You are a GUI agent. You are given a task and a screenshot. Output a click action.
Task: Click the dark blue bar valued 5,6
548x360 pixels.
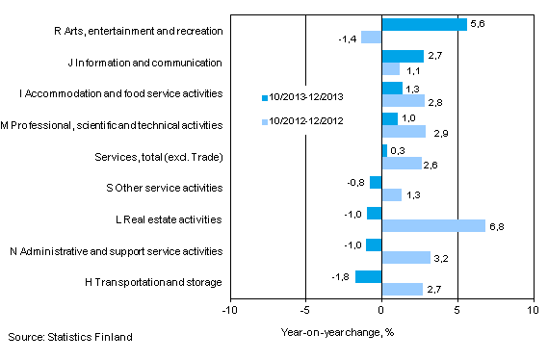pos(424,24)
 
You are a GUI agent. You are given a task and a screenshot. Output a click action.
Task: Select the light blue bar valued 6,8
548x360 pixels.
pos(433,225)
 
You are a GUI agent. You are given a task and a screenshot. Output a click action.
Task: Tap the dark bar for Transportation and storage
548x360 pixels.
pos(368,276)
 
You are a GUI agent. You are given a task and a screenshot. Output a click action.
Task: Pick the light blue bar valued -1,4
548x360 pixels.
pos(371,37)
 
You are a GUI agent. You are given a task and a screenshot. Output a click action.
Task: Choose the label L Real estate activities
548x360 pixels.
pos(168,219)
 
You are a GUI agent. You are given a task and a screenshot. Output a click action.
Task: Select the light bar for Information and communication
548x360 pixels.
pos(390,68)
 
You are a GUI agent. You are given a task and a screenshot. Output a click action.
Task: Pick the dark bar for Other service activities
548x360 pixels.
pos(376,182)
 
